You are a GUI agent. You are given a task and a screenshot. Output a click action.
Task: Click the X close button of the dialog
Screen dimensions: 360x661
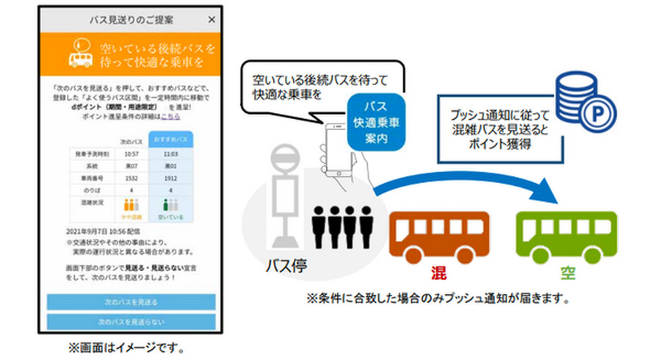[212, 20]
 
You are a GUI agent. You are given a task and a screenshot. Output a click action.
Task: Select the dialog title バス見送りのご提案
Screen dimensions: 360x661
[130, 20]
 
